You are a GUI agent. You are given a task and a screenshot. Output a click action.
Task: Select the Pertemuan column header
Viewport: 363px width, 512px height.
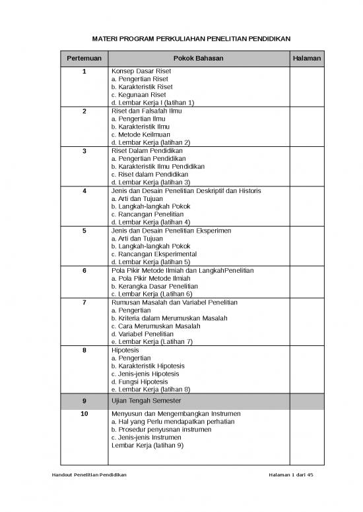pos(84,59)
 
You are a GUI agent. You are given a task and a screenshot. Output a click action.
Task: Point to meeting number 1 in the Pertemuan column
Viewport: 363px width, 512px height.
pos(84,71)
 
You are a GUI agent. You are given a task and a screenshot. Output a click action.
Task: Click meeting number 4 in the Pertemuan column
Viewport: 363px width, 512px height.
pos(84,190)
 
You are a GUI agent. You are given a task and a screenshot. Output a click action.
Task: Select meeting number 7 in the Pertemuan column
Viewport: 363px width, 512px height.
pos(84,302)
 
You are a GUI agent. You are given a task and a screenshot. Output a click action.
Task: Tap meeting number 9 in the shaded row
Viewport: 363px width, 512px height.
pos(84,401)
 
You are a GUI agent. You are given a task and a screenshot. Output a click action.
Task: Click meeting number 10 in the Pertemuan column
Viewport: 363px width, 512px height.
pos(84,414)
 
